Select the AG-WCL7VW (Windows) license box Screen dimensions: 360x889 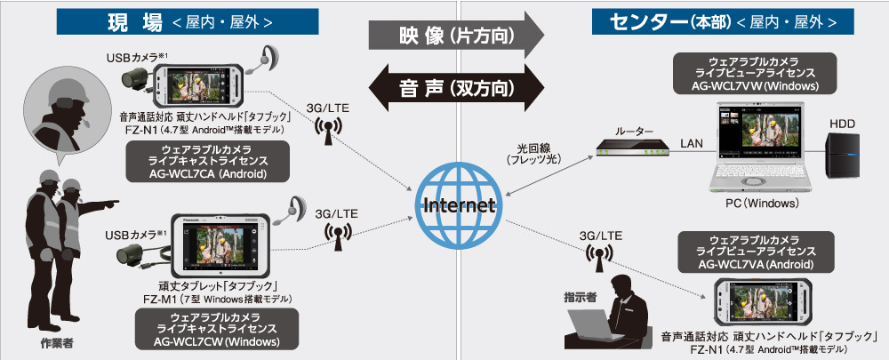coord(757,73)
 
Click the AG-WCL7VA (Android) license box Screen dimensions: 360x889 coord(757,252)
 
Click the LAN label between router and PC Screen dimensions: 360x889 coord(692,143)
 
